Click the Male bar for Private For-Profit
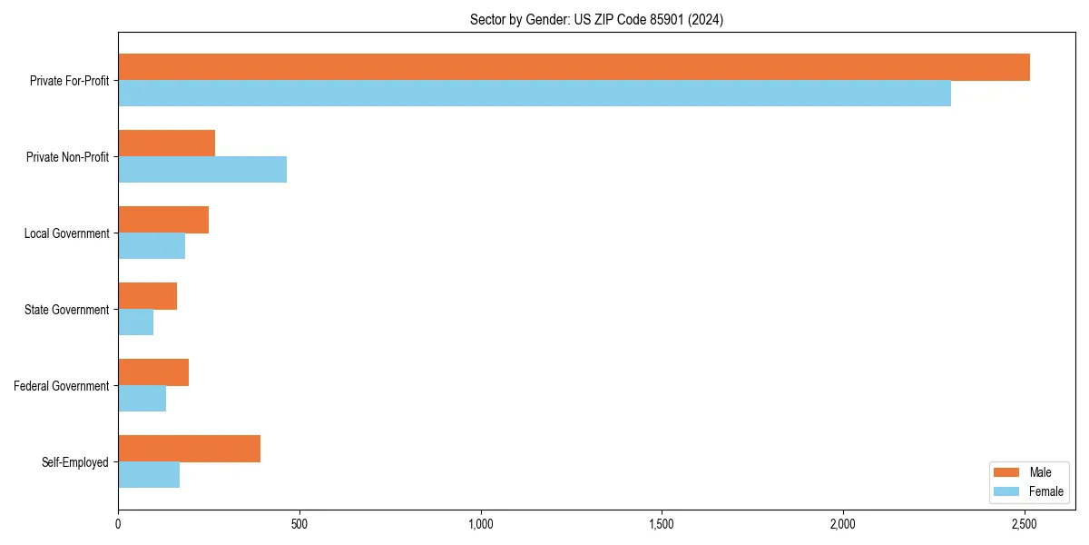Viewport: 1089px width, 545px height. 574,67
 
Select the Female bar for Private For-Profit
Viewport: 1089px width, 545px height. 535,93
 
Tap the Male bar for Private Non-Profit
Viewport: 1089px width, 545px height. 166,144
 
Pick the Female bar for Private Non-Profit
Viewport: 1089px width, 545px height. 202,169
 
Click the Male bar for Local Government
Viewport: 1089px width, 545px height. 163,220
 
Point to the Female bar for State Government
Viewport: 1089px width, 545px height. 135,322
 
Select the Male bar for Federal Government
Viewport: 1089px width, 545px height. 153,372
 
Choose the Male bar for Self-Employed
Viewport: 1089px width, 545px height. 189,449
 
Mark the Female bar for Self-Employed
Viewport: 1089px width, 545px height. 149,474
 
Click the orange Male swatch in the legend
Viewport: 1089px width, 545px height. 1007,472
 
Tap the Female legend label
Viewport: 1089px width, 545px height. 1046,491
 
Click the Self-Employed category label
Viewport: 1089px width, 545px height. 75,462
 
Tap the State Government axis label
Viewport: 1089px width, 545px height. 67,310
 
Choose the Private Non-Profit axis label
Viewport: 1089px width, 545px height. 67,157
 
